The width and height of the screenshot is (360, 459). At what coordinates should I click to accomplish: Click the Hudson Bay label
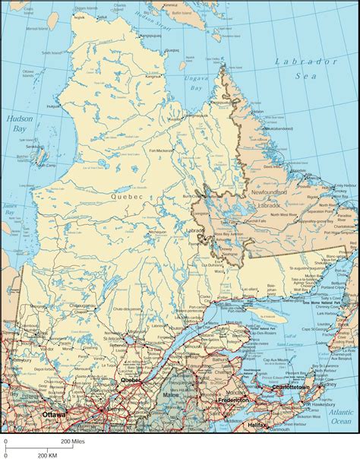pyautogui.click(x=16, y=125)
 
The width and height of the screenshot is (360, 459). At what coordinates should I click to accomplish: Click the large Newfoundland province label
pyautogui.click(x=269, y=194)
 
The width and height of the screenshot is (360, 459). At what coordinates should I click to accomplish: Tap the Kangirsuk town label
pyautogui.click(x=153, y=77)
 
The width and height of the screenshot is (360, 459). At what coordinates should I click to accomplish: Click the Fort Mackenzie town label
pyautogui.click(x=161, y=150)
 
